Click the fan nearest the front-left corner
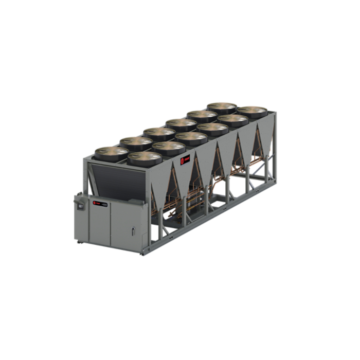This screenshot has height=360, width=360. (145, 158)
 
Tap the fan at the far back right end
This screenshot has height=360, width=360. (252, 112)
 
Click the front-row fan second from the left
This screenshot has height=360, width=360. (169, 148)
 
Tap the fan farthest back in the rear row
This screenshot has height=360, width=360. (222, 108)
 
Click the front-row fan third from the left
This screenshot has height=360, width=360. (191, 138)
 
